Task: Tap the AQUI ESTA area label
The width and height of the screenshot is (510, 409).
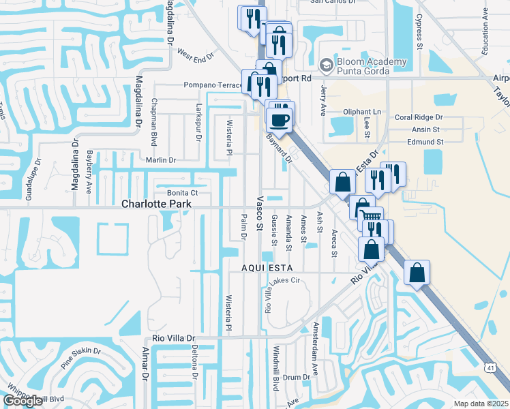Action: pos(267,268)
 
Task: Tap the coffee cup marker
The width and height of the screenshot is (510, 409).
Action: pos(279,120)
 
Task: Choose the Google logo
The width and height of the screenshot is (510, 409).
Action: pos(22,401)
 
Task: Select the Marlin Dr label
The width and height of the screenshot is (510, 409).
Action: pos(161,160)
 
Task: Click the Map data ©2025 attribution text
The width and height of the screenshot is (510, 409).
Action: pos(481,403)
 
